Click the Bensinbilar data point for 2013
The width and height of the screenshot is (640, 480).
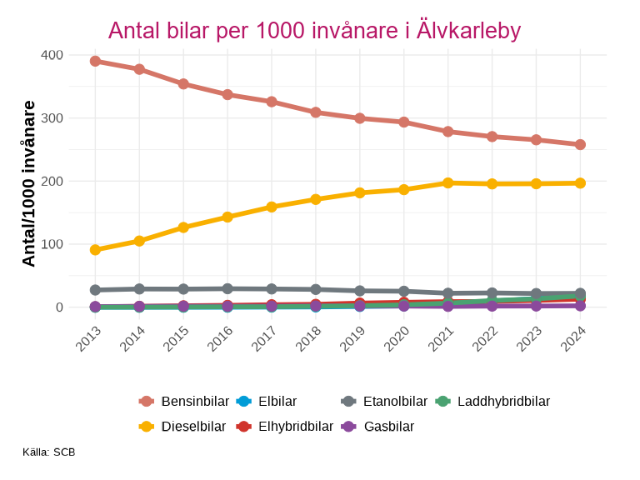pyautogui.click(x=96, y=61)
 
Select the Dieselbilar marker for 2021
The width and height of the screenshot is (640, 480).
pyautogui.click(x=448, y=182)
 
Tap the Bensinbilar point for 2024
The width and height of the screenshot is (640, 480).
pyautogui.click(x=580, y=144)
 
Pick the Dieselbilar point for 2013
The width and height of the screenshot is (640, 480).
pyautogui.click(x=96, y=250)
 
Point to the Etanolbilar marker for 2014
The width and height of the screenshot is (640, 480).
pyautogui.click(x=140, y=289)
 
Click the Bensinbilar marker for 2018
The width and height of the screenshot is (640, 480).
pyautogui.click(x=316, y=112)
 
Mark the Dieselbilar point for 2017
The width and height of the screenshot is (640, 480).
pyautogui.click(x=272, y=207)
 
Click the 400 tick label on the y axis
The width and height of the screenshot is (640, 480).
pyautogui.click(x=52, y=55)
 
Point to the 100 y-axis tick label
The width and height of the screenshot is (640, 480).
pyautogui.click(x=52, y=244)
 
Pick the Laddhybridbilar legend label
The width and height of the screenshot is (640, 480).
pyautogui.click(x=503, y=402)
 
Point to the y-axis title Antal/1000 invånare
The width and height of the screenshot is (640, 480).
pyautogui.click(x=29, y=183)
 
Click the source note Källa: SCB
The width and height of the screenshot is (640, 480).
pyautogui.click(x=49, y=452)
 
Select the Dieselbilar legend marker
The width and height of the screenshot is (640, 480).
pyautogui.click(x=146, y=427)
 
